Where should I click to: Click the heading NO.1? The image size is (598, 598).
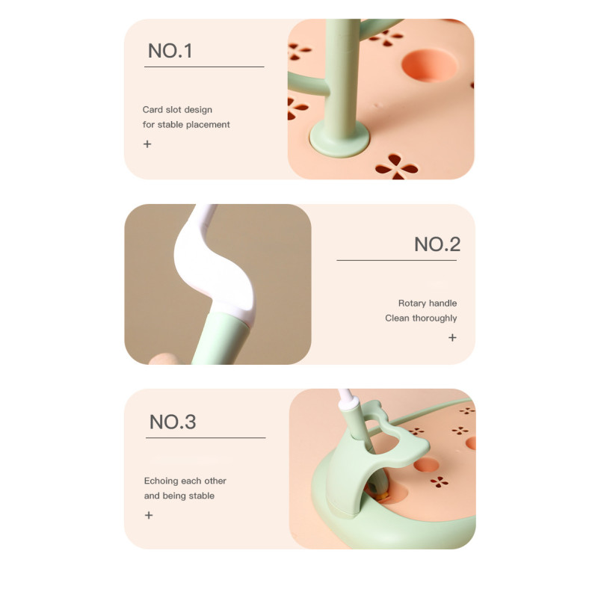(170, 51)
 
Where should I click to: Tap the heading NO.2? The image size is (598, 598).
(437, 244)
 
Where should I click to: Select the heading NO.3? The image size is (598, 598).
(173, 422)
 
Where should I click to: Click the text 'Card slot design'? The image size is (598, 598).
(177, 110)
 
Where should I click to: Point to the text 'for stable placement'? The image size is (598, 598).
(186, 125)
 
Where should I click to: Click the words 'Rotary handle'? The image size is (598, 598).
(428, 303)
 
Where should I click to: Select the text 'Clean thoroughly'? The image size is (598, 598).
(421, 318)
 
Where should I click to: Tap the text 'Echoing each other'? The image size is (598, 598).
(185, 481)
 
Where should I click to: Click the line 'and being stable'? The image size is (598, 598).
(179, 496)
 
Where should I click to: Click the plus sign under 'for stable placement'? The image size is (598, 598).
(147, 144)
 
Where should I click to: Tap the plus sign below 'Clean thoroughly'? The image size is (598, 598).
(452, 338)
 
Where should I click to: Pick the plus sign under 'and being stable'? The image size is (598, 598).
(149, 515)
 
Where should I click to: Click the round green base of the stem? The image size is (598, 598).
(339, 138)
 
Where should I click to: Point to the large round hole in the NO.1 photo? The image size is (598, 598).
(429, 65)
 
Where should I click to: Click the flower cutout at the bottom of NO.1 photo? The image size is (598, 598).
(397, 167)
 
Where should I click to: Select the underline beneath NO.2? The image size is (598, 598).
(397, 260)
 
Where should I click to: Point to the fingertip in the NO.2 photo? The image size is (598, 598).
(163, 360)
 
